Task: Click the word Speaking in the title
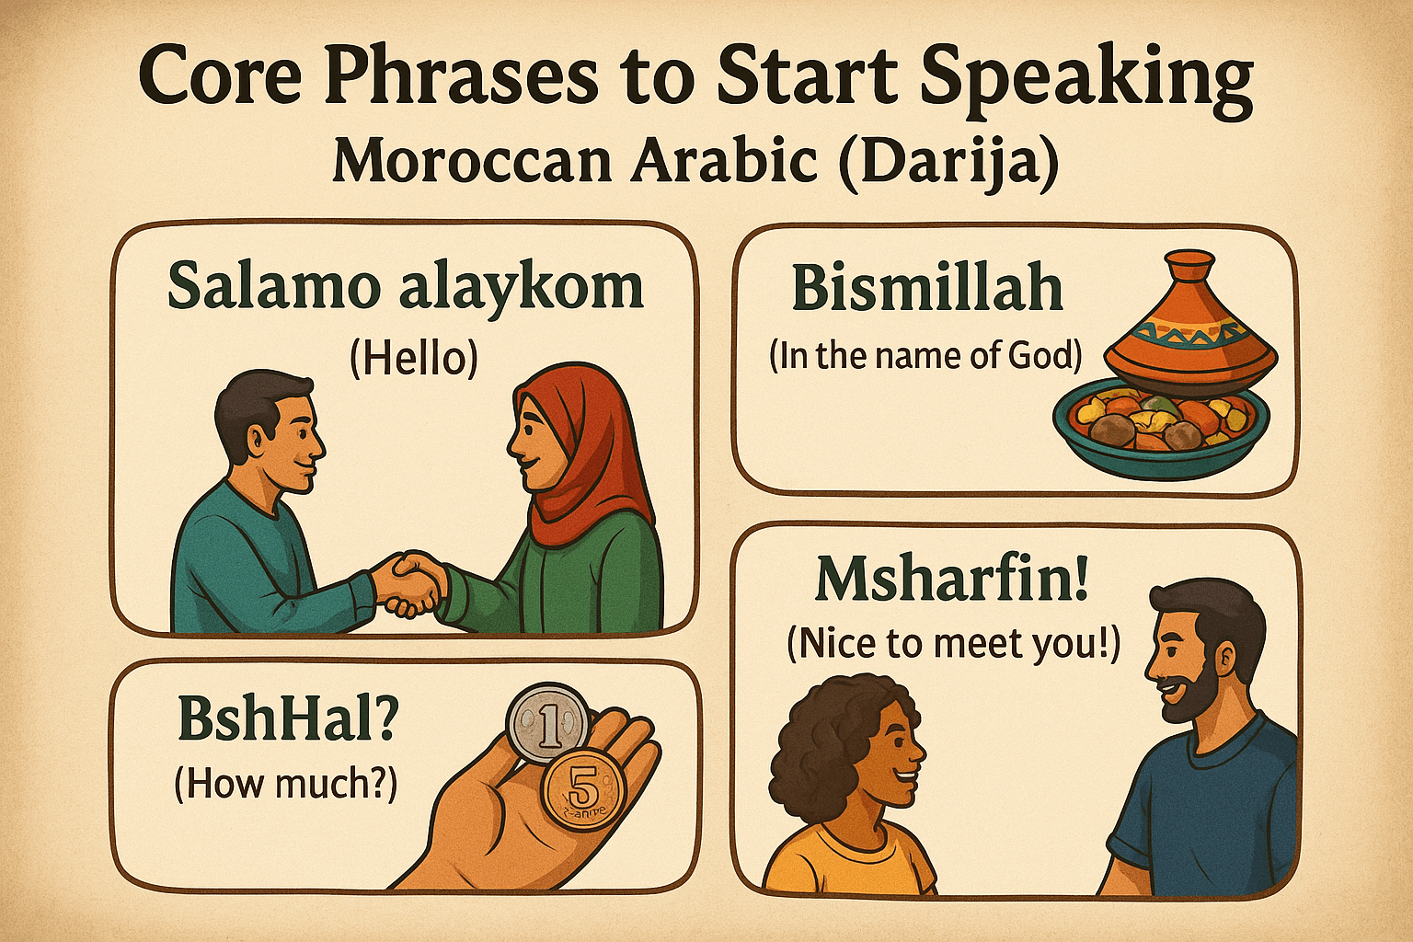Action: (x=1086, y=77)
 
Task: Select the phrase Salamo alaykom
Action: (x=406, y=286)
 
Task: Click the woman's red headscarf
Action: (x=589, y=460)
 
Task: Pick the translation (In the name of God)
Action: (x=925, y=355)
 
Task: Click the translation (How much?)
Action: (x=285, y=783)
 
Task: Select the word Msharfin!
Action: (x=952, y=580)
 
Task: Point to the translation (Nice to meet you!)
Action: (x=953, y=644)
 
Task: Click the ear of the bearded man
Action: (x=1224, y=656)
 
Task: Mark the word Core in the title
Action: (x=220, y=77)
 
